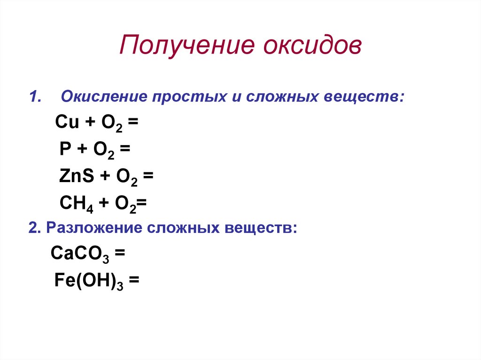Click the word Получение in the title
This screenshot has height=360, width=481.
(187, 45)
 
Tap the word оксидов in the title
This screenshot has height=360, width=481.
(312, 45)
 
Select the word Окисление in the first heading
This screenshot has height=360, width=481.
(104, 96)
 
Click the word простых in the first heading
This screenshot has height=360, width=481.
(189, 97)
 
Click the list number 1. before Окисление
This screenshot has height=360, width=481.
(35, 97)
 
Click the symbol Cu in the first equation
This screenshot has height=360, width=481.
(67, 122)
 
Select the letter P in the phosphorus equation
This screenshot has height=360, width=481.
(65, 149)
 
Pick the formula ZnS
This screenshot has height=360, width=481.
(77, 176)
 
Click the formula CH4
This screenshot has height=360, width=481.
(76, 204)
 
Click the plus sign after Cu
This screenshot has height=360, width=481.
(90, 122)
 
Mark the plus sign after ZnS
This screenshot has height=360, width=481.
(105, 176)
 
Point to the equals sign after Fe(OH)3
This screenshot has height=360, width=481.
(134, 280)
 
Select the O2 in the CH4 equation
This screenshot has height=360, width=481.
(125, 204)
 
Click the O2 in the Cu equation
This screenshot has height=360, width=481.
(112, 123)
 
